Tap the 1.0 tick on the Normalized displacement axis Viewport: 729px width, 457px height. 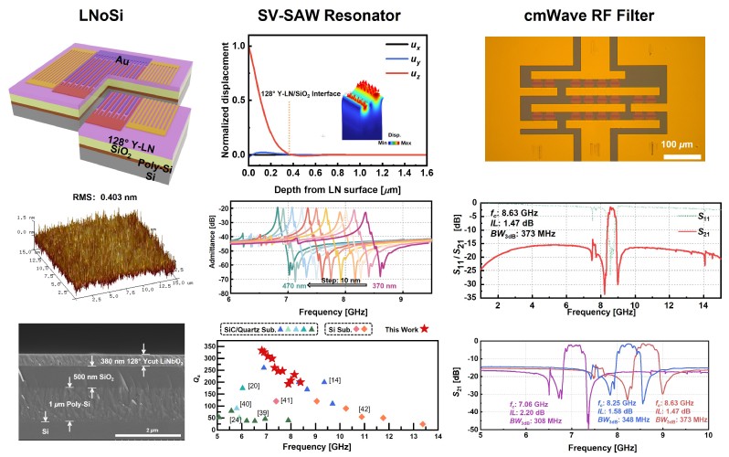pyautogui.click(x=238, y=46)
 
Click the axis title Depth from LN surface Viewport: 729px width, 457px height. pyautogui.click(x=338, y=187)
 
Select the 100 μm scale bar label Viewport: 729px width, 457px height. pyautogui.click(x=681, y=145)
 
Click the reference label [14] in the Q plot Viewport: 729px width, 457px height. pyautogui.click(x=335, y=380)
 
